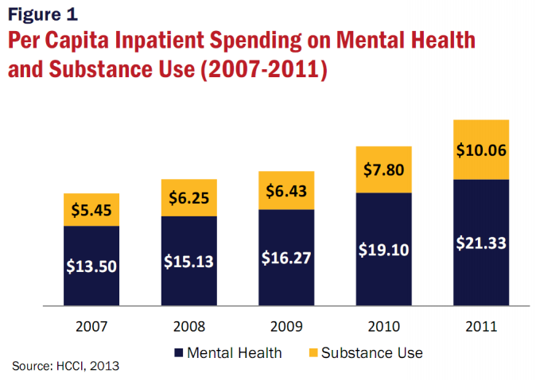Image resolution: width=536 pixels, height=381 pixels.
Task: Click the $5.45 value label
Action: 91,211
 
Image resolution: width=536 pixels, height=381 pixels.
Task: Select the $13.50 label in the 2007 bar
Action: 91,265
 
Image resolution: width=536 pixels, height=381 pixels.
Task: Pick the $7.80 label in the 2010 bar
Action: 383,169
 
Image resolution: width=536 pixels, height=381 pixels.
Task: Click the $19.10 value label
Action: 383,249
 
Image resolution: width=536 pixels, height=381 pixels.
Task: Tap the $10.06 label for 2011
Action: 480,150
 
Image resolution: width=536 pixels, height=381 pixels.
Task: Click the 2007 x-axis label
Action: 91,326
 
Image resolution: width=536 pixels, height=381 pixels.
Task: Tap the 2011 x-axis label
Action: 480,326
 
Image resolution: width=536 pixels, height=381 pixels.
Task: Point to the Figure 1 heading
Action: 43,14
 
